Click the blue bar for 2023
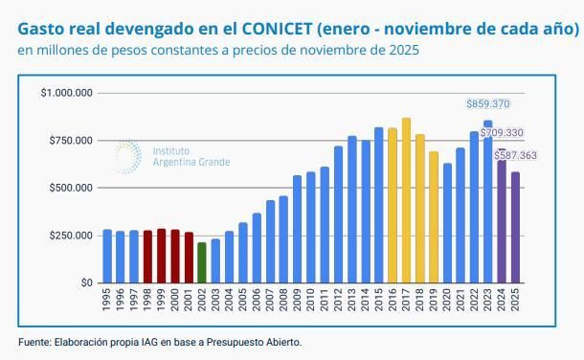488,206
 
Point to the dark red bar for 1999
162,256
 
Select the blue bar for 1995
107,256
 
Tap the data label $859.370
487,103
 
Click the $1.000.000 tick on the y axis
66,93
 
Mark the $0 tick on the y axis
86,283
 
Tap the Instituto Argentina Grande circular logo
125,156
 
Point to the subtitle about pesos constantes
218,50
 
